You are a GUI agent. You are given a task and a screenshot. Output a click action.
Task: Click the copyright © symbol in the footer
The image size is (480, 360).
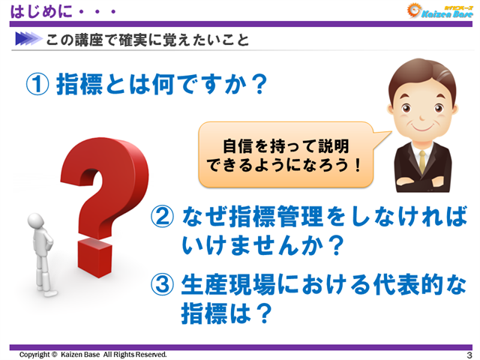coord(55,354)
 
